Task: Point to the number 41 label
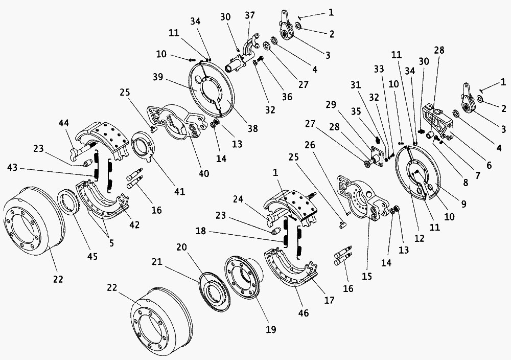coord(179,192)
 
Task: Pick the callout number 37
coord(249,15)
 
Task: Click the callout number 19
coord(270,330)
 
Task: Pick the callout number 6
coord(489,166)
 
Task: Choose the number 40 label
coord(203,174)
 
